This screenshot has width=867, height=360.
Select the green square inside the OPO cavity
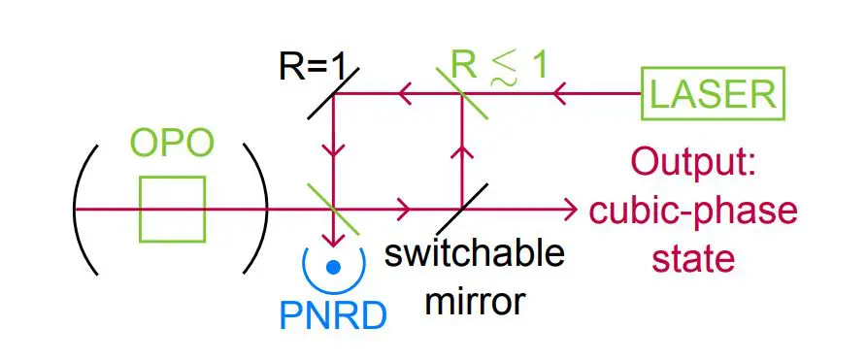click(x=172, y=209)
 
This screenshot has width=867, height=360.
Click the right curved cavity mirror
click(x=257, y=209)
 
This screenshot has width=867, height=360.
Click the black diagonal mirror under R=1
click(x=332, y=94)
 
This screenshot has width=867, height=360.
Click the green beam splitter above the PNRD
click(x=332, y=208)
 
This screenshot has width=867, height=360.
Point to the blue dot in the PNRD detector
click(x=333, y=266)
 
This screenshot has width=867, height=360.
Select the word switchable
click(x=474, y=255)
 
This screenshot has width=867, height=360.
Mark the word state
click(x=693, y=258)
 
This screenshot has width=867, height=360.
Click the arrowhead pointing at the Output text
click(x=567, y=209)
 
